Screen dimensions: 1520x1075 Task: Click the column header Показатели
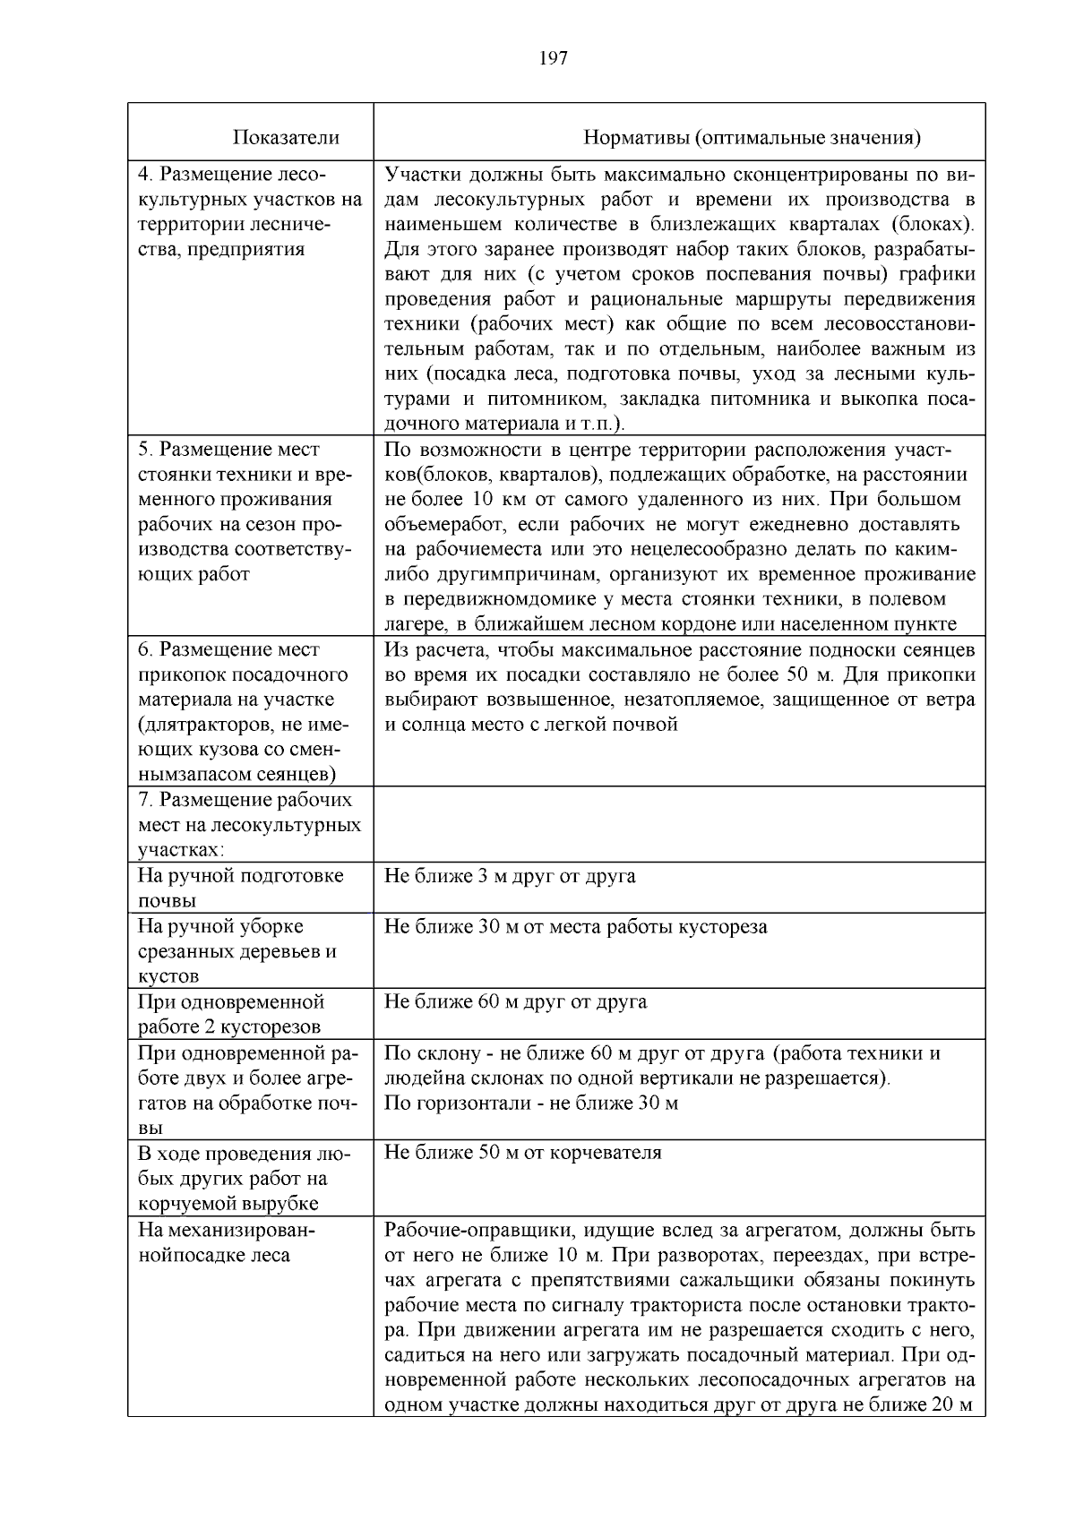point(286,138)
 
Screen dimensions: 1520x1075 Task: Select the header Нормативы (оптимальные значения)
point(752,138)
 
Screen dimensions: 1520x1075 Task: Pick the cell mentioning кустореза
point(575,927)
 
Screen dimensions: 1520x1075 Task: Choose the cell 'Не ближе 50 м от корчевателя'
point(522,1153)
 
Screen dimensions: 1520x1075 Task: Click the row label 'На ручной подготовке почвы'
point(240,888)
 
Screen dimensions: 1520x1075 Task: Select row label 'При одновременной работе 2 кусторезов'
point(231,1014)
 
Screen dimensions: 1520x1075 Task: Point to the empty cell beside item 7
point(678,824)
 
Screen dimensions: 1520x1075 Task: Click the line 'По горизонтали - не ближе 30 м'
point(530,1103)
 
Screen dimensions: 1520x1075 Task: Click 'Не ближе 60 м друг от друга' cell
point(515,1001)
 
